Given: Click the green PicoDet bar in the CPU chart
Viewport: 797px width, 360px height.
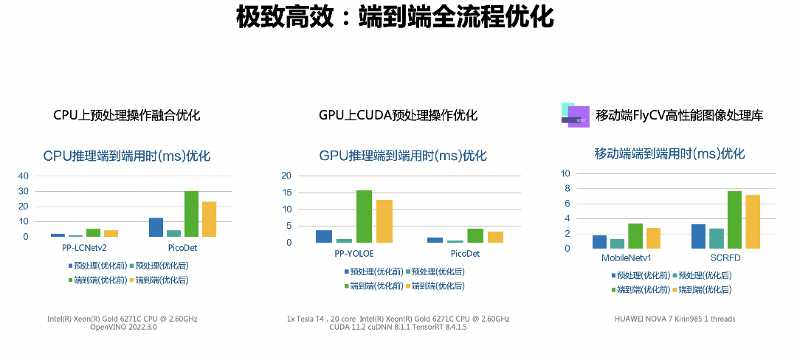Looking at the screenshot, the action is point(191,214).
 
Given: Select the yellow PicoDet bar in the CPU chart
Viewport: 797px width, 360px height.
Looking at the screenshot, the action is point(209,219).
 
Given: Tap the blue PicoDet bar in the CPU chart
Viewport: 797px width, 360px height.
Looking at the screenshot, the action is point(156,227).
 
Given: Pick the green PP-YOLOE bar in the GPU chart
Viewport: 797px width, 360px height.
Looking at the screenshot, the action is point(364,216).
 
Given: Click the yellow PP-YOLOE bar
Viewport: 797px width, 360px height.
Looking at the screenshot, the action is point(384,221).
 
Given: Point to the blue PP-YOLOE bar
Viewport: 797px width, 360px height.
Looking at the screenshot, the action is point(324,236).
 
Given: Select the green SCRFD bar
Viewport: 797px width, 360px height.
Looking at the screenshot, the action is point(734,220).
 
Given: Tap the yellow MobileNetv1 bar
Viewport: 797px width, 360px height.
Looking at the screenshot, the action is point(653,238).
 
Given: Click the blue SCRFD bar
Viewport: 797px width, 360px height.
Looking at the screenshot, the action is point(698,237).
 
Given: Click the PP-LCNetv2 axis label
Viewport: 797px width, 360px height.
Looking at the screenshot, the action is point(83,248).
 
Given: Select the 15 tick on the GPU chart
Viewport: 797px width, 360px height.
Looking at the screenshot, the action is point(287,193).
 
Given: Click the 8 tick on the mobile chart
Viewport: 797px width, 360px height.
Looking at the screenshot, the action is point(568,189).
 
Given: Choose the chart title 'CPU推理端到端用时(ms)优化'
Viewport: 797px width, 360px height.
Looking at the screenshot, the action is point(127,156).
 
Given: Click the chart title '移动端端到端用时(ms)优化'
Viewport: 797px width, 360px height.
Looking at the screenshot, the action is point(669,154).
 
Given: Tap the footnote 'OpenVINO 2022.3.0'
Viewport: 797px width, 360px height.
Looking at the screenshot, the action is point(123,328).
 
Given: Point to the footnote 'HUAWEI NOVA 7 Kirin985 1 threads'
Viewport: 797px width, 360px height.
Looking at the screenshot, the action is point(674,319).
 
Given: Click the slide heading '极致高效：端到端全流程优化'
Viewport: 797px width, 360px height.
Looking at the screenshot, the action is point(395,16).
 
